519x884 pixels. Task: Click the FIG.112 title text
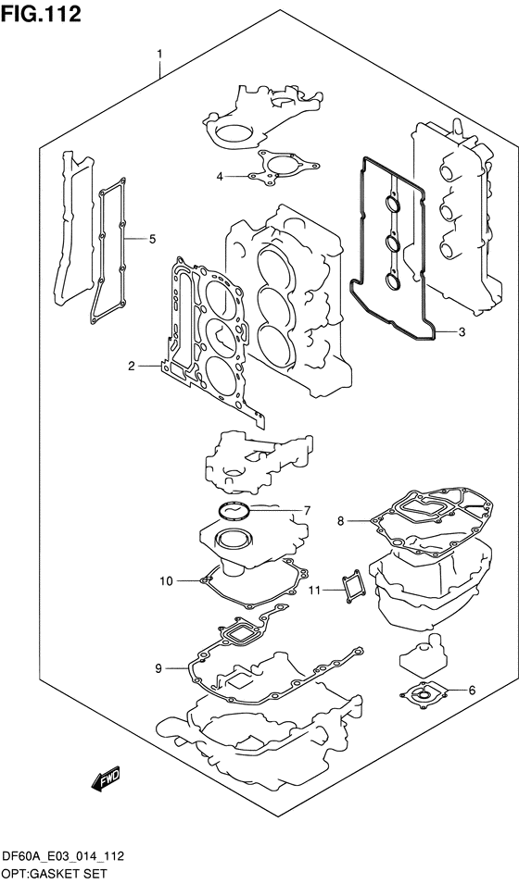pos(40,14)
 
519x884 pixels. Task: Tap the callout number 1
pos(159,54)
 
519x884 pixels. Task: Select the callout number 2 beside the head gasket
pos(132,367)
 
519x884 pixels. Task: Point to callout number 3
pos(462,332)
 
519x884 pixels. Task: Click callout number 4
pos(220,177)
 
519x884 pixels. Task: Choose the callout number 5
pos(152,240)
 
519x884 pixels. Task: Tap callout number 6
pos(472,690)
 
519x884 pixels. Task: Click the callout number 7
pos(307,511)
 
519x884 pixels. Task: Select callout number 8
pos(340,521)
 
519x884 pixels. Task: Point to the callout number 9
pos(158,668)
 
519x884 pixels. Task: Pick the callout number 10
pos(166,580)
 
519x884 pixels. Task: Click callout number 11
pos(314,591)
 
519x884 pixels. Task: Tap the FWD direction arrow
pos(104,780)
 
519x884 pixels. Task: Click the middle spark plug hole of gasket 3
pos(391,243)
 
